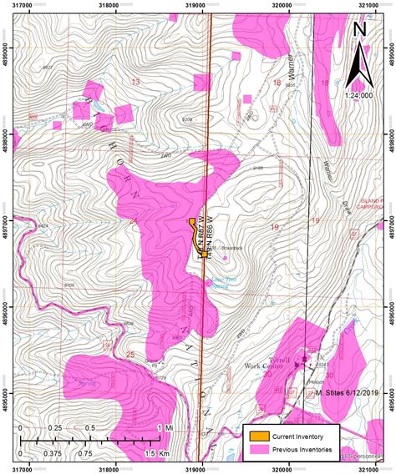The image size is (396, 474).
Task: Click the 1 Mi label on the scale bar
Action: [x=160, y=428]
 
